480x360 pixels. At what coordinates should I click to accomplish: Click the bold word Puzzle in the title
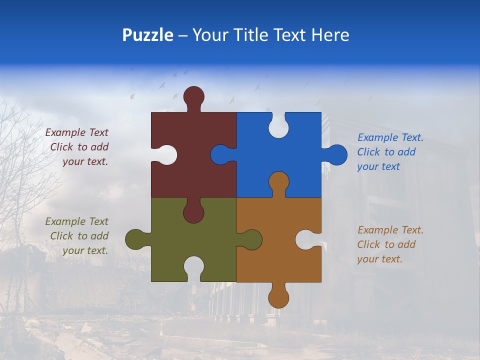pos(147,35)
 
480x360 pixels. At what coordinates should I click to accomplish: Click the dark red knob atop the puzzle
pos(193,96)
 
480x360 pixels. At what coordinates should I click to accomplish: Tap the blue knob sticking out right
pos(337,154)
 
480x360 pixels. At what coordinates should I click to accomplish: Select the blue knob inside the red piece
pos(220,154)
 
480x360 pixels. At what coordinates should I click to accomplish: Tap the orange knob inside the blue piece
pos(278,182)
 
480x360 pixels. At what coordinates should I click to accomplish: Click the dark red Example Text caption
pos(77,147)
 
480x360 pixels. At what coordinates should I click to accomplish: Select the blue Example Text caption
pos(390,152)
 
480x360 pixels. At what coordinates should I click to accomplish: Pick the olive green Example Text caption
pos(77,236)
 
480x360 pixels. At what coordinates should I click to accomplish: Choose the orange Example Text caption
pos(390,244)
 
